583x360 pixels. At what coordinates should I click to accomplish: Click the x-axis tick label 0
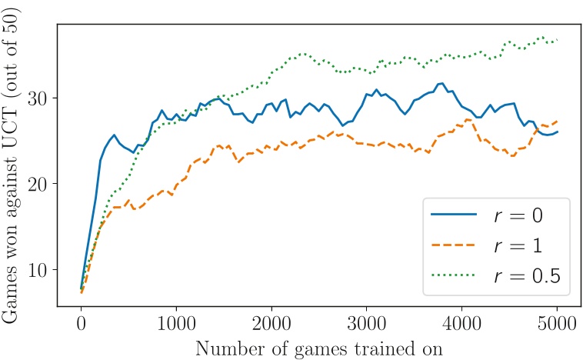click(x=81, y=321)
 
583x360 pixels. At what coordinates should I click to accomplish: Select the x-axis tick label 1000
click(x=176, y=321)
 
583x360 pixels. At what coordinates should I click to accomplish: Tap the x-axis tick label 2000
click(x=272, y=321)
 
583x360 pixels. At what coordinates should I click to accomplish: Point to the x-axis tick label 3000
click(x=367, y=321)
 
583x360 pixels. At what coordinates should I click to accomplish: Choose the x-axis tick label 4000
click(x=462, y=321)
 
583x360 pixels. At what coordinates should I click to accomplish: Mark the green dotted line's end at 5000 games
click(x=557, y=40)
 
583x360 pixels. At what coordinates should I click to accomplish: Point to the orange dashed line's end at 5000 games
click(x=557, y=122)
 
